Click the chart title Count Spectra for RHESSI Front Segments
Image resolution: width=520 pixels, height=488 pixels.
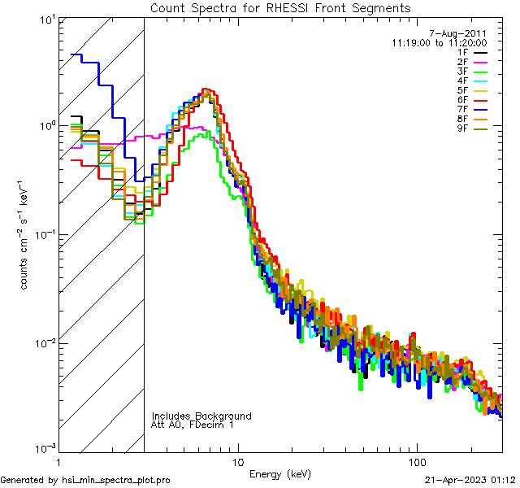point(280,7)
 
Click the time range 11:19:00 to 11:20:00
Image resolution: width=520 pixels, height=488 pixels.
point(439,41)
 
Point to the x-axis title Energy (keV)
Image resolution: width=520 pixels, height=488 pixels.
point(280,473)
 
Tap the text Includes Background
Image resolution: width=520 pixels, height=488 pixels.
point(201,416)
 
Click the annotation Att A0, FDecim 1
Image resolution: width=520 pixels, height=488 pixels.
point(193,425)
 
